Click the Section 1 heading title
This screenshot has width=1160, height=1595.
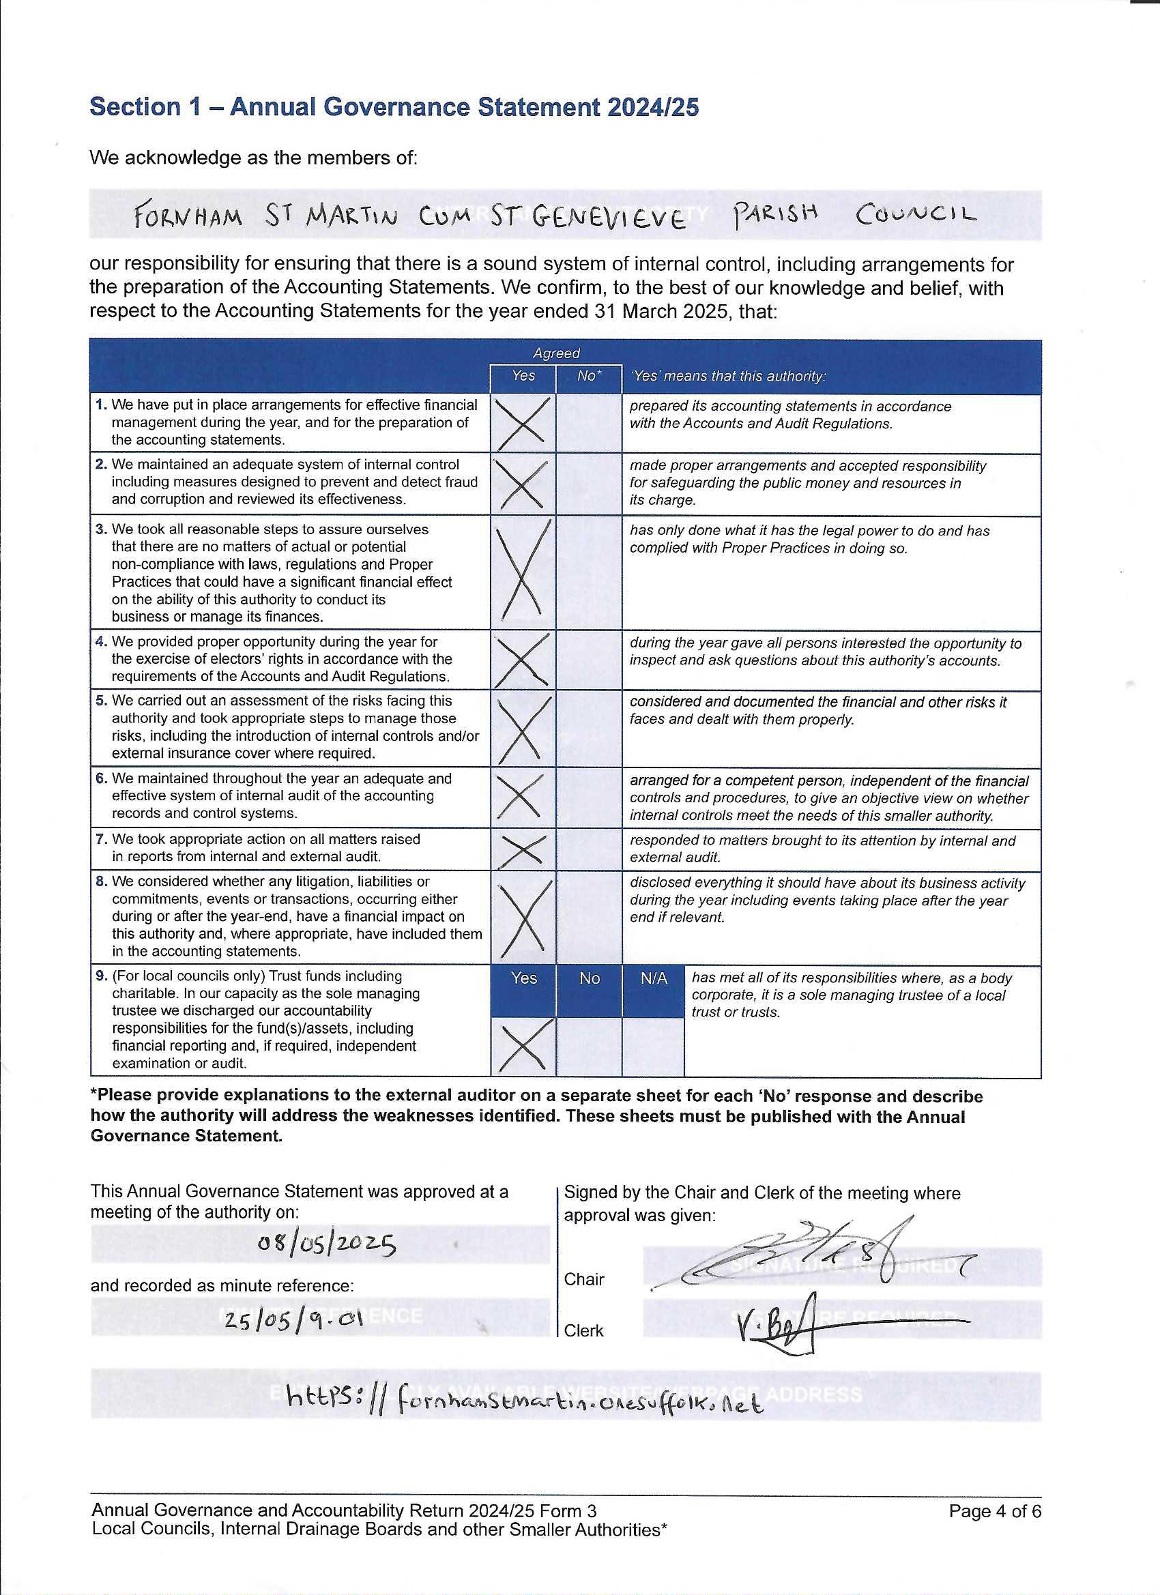click(x=394, y=107)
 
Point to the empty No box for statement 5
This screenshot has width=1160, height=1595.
click(x=589, y=729)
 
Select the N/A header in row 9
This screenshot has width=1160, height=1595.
click(x=654, y=978)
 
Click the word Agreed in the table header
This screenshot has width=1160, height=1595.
click(x=555, y=353)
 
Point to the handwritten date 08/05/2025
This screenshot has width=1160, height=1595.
click(x=327, y=1245)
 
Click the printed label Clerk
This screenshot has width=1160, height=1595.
click(x=584, y=1330)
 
